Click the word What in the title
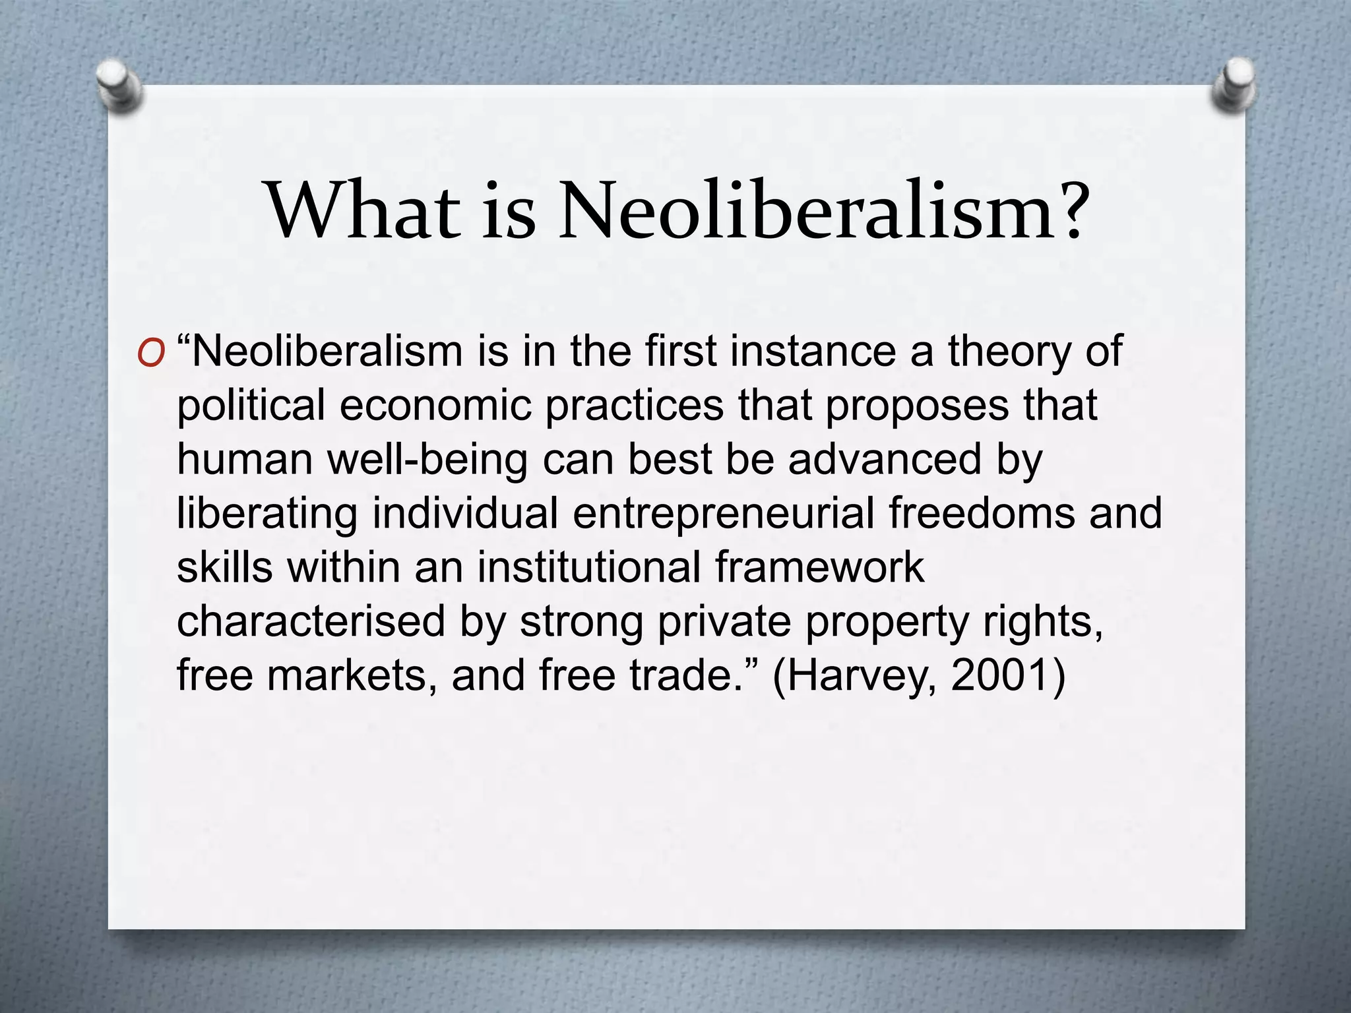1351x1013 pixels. click(362, 210)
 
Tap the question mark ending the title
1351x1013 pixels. click(1064, 210)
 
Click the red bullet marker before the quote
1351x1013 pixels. click(151, 354)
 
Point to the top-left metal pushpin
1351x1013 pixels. click(118, 86)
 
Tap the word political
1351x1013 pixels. click(251, 406)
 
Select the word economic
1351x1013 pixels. click(435, 406)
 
